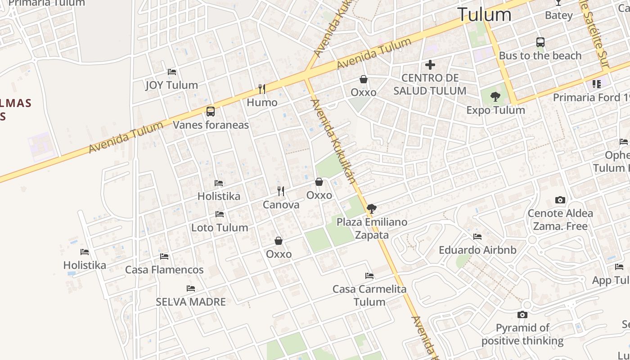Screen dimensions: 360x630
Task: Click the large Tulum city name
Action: [x=484, y=15]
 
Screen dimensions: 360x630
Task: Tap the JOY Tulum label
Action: [x=171, y=85]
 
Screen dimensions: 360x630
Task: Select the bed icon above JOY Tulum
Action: [x=172, y=72]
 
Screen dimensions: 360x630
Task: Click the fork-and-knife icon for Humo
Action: [x=262, y=89]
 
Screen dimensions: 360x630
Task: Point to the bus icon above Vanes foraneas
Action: [x=211, y=111]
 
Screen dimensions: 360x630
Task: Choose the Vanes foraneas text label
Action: [x=211, y=125]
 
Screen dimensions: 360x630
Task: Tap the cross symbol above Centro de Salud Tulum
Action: [x=430, y=65]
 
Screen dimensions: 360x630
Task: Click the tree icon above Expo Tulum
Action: [x=495, y=96]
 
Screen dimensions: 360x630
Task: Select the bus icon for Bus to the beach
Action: [x=540, y=42]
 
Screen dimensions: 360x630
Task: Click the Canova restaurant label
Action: [x=281, y=205]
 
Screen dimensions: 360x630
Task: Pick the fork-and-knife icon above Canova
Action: [x=281, y=191]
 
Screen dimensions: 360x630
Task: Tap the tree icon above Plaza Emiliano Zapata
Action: [x=372, y=208]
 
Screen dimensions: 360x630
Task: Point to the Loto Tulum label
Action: [x=220, y=227]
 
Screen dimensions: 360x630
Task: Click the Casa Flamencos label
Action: [x=164, y=270]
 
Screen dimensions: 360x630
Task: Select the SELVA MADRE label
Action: [x=191, y=301]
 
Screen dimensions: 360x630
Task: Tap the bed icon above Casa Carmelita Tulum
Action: [x=369, y=275]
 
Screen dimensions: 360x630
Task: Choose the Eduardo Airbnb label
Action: [x=477, y=250]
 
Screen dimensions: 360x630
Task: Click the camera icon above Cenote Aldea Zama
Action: [x=560, y=200]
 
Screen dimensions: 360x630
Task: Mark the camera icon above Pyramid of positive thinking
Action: [x=522, y=315]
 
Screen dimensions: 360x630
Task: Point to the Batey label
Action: [x=558, y=15]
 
